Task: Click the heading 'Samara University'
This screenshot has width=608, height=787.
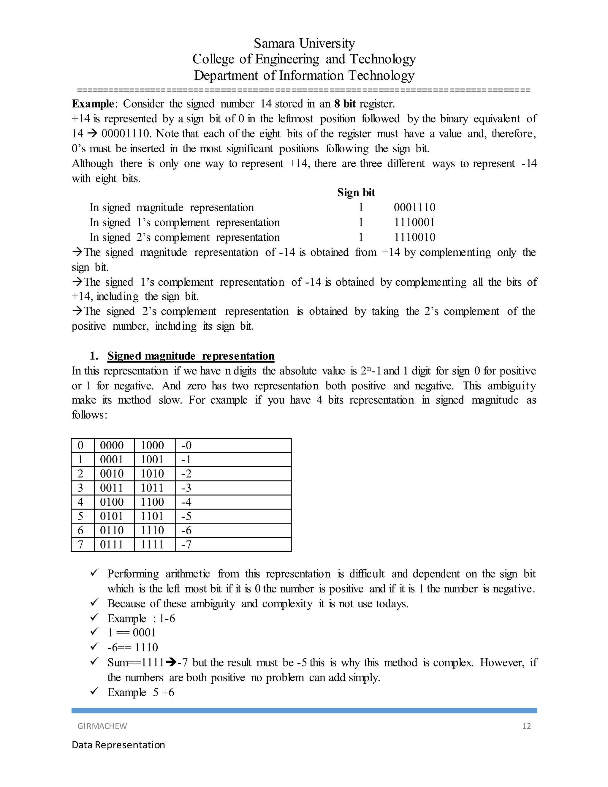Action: (x=304, y=43)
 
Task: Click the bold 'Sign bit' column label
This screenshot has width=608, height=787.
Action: (x=356, y=192)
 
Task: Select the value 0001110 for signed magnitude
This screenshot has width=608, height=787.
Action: (x=414, y=208)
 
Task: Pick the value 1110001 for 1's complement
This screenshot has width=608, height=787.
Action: (x=414, y=222)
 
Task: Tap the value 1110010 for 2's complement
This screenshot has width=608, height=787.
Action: (x=414, y=237)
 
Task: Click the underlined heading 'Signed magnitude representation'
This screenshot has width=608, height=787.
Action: (x=191, y=356)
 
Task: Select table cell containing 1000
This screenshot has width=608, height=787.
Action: (x=152, y=445)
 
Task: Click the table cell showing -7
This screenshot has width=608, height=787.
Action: (x=186, y=544)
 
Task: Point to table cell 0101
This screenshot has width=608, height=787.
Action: (x=112, y=516)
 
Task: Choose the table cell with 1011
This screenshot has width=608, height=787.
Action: (x=152, y=488)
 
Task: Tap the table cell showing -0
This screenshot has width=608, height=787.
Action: (x=186, y=445)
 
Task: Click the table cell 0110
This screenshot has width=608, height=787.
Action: (x=112, y=530)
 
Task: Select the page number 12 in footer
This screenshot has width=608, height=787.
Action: (x=526, y=726)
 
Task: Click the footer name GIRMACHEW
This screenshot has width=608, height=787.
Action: (x=102, y=726)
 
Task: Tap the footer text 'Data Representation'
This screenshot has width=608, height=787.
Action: (x=118, y=745)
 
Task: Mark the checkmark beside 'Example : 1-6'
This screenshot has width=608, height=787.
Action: (x=94, y=618)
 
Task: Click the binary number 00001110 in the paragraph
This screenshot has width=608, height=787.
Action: (x=126, y=134)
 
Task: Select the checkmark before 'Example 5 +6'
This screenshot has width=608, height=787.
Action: (x=94, y=691)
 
